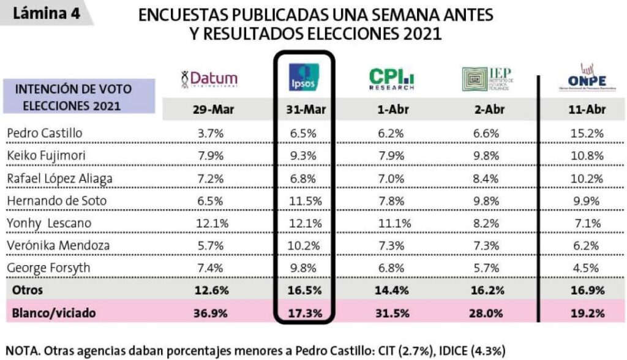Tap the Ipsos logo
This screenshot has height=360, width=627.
(x=304, y=78)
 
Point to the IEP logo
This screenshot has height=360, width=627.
(x=488, y=79)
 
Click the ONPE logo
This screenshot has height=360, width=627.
(x=586, y=79)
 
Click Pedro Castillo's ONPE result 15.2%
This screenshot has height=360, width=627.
(x=587, y=133)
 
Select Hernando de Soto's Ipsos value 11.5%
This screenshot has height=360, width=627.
(x=304, y=200)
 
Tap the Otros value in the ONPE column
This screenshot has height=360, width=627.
(x=587, y=290)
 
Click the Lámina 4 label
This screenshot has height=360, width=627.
(x=47, y=13)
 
